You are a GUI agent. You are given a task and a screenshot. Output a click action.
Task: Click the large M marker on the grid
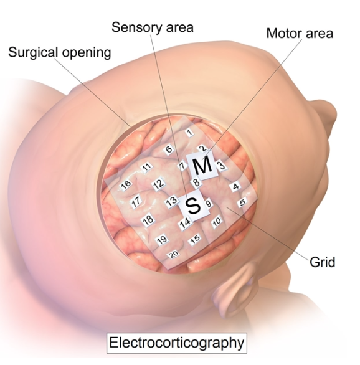tap(202, 166)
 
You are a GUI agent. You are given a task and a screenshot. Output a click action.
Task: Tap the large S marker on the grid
tap(194, 206)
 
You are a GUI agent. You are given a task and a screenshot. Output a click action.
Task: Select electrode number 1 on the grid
tap(190, 133)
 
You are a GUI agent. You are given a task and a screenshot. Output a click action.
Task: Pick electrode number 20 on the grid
tap(174, 254)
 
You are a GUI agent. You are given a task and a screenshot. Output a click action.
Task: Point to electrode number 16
tap(126, 185)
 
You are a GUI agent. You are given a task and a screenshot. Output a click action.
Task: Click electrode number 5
tap(242, 202)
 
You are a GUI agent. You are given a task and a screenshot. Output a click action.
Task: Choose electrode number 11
tap(146, 167)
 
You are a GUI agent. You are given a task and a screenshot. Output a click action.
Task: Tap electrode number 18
tap(148, 219)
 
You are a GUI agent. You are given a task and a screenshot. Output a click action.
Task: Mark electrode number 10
tap(217, 221)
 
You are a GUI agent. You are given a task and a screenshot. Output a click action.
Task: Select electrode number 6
tap(169, 149)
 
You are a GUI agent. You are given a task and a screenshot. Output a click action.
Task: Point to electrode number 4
tap(235, 186)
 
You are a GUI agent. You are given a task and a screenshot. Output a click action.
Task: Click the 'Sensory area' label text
tap(153, 27)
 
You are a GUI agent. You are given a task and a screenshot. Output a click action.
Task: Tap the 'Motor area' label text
tap(300, 33)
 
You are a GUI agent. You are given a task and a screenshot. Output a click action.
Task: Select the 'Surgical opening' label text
tap(60, 52)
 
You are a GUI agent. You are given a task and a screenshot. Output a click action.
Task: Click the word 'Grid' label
tap(322, 262)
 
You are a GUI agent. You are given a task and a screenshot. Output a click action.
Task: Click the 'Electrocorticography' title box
tap(177, 343)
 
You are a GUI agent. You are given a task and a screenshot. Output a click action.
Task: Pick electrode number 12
tap(158, 184)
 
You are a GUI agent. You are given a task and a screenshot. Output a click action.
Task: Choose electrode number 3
tap(221, 166)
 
